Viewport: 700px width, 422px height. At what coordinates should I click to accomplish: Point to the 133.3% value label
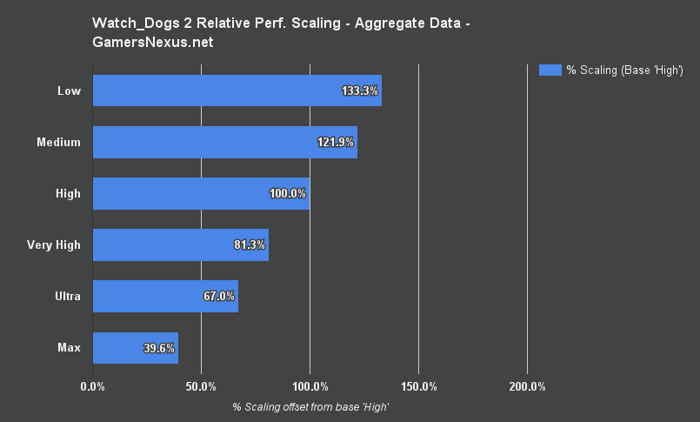[x=360, y=90]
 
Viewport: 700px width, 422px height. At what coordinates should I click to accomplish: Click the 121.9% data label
[x=336, y=142]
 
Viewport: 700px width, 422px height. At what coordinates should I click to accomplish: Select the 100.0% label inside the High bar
[x=288, y=193]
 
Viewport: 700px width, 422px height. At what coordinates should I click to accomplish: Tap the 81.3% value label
[x=250, y=244]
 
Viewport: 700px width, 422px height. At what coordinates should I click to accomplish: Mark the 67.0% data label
[x=219, y=296]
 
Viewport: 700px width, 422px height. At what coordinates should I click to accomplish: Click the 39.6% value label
[x=159, y=347]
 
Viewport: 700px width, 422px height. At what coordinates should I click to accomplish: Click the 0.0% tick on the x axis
[x=93, y=386]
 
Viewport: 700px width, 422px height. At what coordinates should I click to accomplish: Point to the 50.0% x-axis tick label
[x=201, y=386]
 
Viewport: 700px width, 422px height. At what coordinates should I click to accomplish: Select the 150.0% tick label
[x=418, y=386]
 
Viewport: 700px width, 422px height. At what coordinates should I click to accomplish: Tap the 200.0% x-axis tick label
[x=527, y=386]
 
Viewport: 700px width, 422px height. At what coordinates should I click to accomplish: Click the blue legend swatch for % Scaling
[x=550, y=70]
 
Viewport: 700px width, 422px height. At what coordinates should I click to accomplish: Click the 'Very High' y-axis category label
[x=54, y=244]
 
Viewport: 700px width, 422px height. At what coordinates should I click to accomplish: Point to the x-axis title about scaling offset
[x=310, y=407]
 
